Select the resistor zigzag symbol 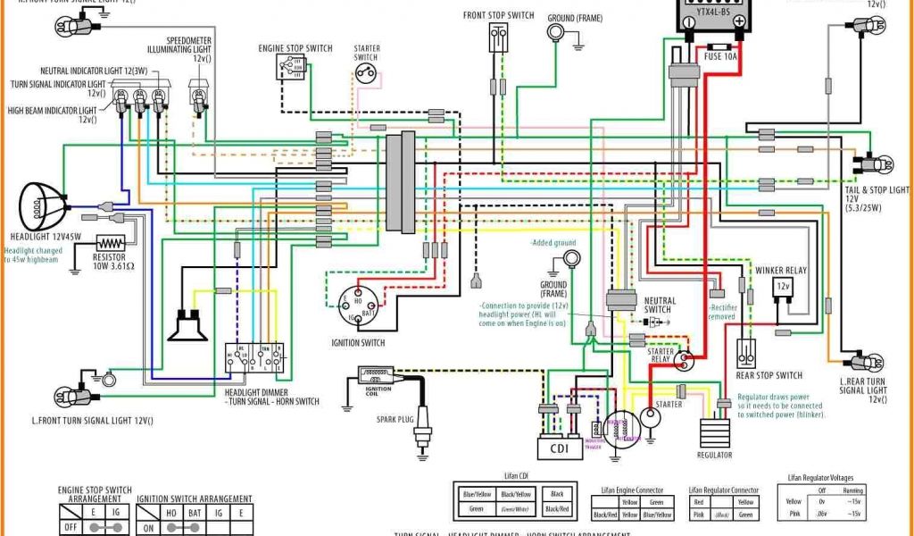[x=111, y=243]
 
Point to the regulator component [x=716, y=432]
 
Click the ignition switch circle [x=361, y=308]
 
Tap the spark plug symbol [x=423, y=437]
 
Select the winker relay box [x=782, y=288]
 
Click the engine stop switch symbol [x=290, y=67]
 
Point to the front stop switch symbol [x=498, y=38]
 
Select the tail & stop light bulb [x=876, y=164]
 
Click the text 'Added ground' [x=553, y=243]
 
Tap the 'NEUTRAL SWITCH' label [x=659, y=305]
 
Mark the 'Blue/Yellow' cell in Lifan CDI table [x=477, y=494]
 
